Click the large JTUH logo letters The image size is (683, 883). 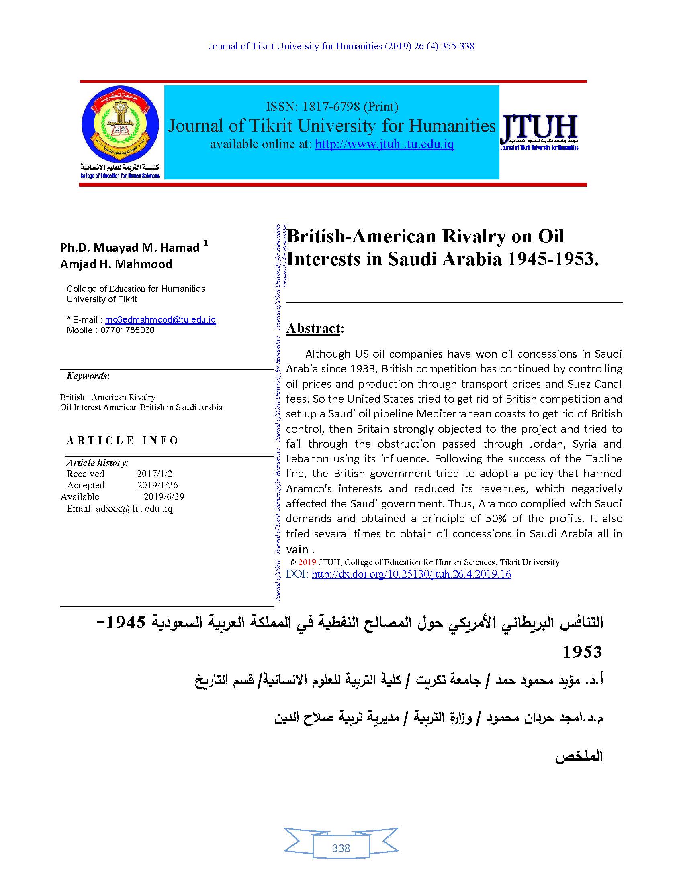[540, 127]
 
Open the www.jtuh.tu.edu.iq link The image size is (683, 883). [384, 144]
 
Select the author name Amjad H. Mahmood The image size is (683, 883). [116, 264]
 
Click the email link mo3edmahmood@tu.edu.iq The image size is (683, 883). [160, 320]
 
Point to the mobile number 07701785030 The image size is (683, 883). [127, 330]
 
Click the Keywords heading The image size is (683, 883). [88, 376]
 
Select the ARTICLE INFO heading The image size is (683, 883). [122, 441]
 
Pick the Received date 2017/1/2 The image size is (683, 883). [154, 474]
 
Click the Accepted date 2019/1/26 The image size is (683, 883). [157, 485]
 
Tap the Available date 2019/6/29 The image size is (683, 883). [164, 496]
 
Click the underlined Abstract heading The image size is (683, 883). [314, 328]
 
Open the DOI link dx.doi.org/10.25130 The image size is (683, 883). [411, 574]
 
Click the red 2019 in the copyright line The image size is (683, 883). [307, 562]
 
